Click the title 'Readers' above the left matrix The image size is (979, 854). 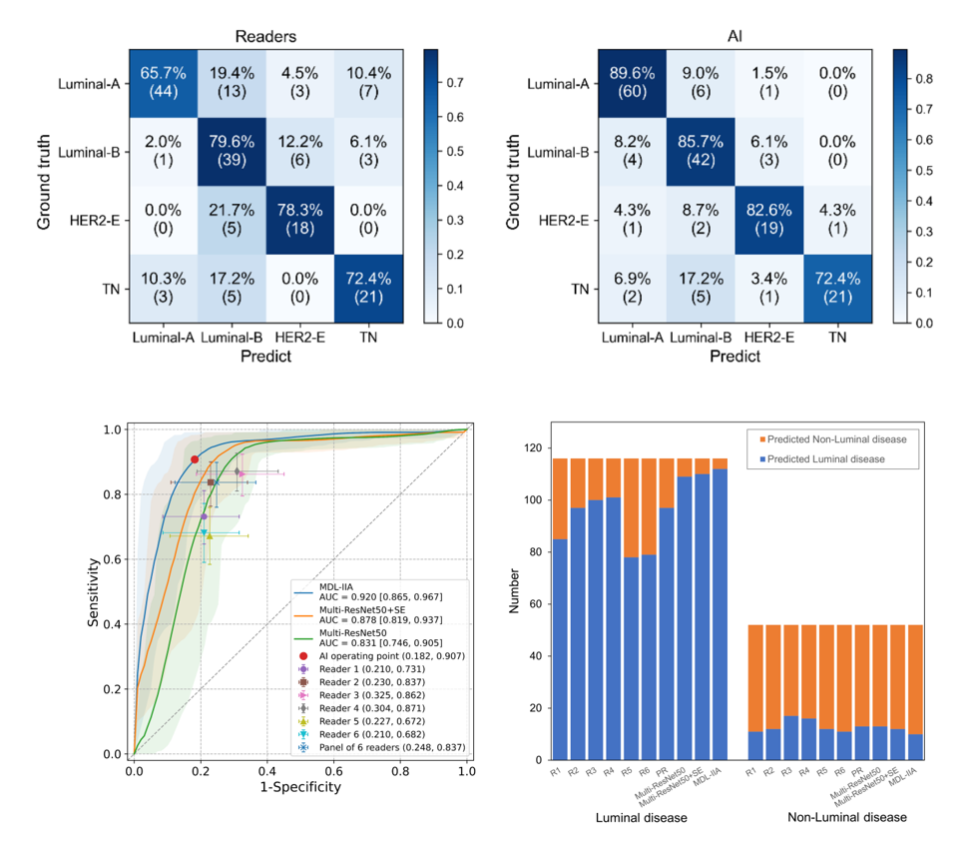pyautogui.click(x=265, y=36)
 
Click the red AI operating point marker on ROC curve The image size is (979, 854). pyautogui.click(x=195, y=459)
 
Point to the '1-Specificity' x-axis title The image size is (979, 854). pyautogui.click(x=300, y=787)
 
